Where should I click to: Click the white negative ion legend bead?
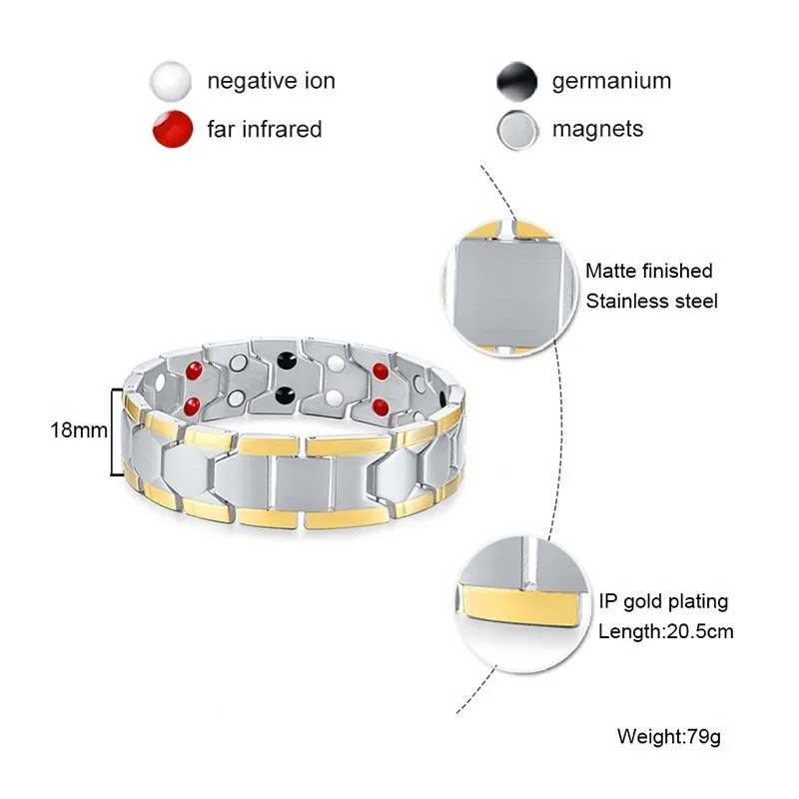pos(171,81)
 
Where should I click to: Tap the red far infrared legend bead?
pos(173,129)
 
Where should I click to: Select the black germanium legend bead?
pos(516,81)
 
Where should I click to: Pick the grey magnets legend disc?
pos(517,130)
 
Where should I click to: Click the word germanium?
pos(611,81)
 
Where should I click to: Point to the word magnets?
pos(597,129)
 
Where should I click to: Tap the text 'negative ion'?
pos(271,81)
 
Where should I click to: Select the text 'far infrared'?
pos(265,129)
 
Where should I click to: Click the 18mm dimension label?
pos(79,430)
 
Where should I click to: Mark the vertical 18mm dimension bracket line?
pos(112,432)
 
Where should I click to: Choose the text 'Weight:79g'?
pos(669,736)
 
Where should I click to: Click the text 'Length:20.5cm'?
pos(665,632)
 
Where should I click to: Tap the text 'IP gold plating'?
pos(663,602)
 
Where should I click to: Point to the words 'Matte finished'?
pos(648,271)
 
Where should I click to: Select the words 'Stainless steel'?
pos(651,302)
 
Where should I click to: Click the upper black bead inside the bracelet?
pos(287,362)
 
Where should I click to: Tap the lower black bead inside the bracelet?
pos(286,395)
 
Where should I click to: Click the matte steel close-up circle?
pos(511,289)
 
